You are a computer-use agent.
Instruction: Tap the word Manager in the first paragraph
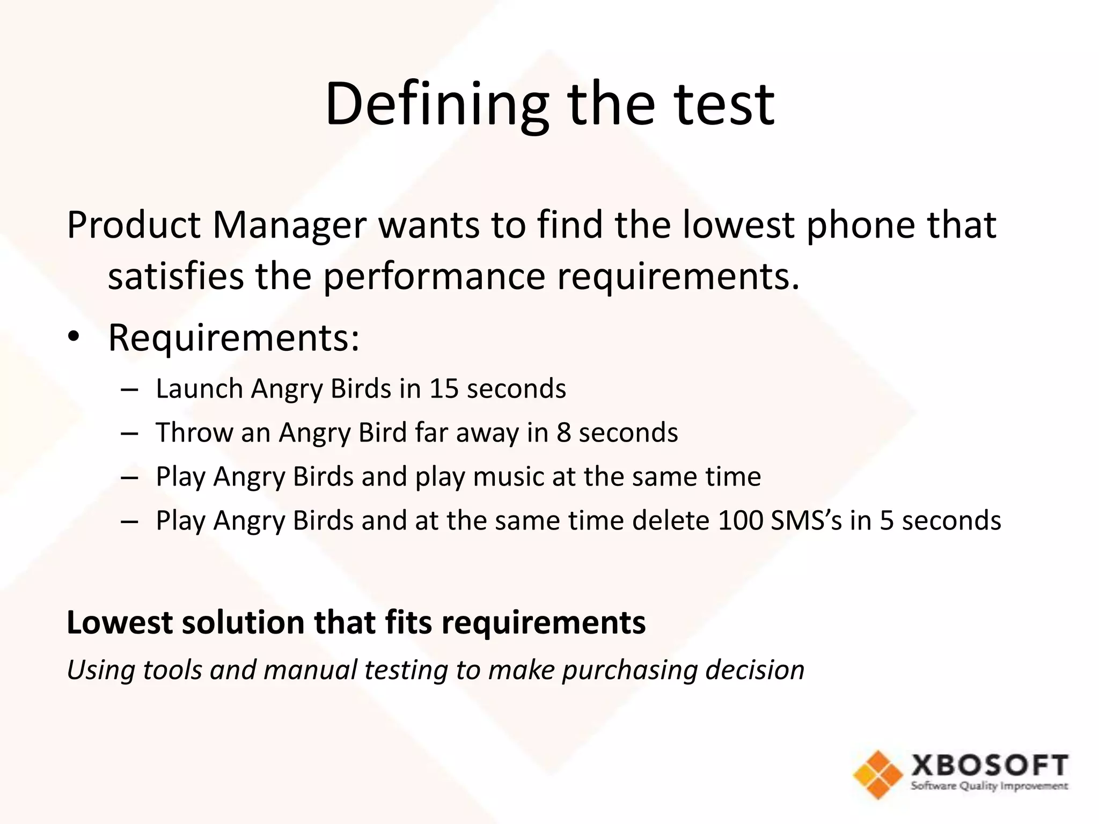[x=290, y=225]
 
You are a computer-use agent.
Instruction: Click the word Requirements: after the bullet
[x=233, y=339]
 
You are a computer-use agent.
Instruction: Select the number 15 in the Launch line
[x=444, y=388]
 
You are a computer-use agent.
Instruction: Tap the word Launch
[x=199, y=389]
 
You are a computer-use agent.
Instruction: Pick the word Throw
[x=194, y=432]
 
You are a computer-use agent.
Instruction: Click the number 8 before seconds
[x=563, y=432]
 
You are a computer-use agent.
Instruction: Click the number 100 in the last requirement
[x=740, y=520]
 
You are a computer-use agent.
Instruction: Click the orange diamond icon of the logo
[x=878, y=775]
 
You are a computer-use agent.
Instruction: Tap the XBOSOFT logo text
[x=989, y=766]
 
